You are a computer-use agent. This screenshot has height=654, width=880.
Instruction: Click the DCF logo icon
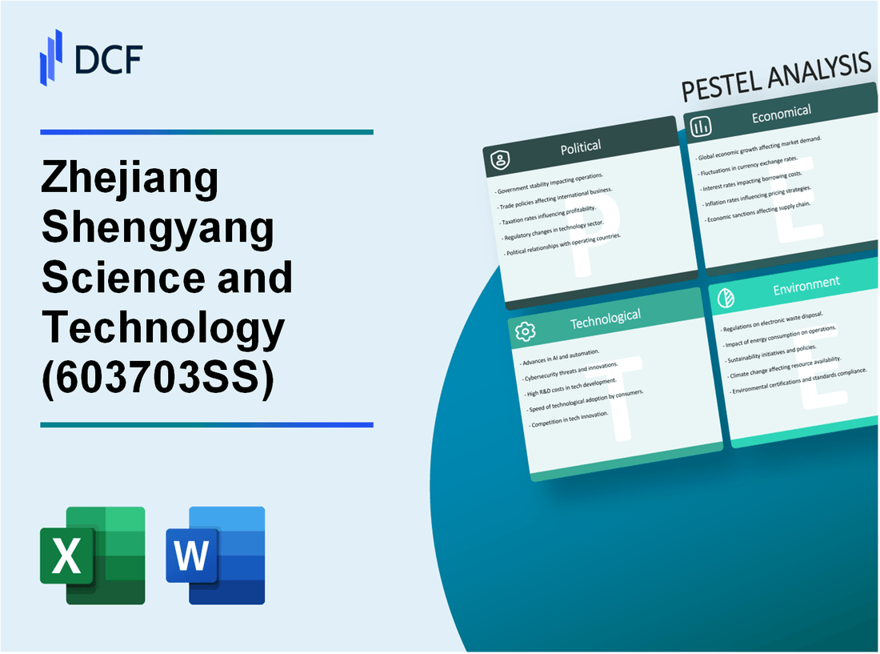pyautogui.click(x=51, y=57)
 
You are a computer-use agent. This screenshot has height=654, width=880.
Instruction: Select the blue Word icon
pyautogui.click(x=215, y=555)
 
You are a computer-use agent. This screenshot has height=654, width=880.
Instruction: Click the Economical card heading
pyautogui.click(x=781, y=114)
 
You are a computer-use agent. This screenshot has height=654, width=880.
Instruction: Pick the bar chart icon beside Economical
pyautogui.click(x=702, y=126)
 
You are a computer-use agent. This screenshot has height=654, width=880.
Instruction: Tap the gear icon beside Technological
pyautogui.click(x=526, y=331)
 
